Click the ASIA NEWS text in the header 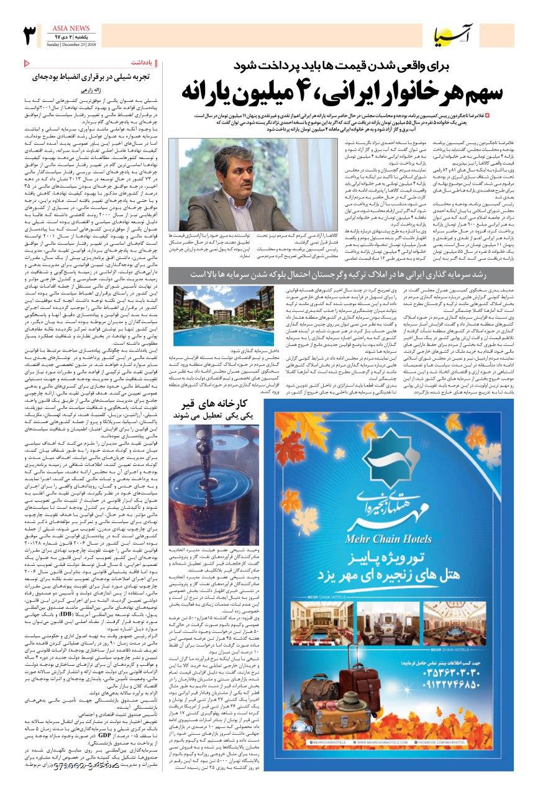tap(68, 29)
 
